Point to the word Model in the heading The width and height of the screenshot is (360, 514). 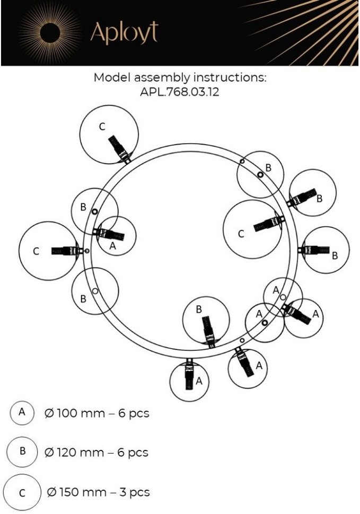(110, 77)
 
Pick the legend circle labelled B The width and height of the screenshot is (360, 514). (22, 452)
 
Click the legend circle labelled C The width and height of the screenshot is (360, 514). (22, 492)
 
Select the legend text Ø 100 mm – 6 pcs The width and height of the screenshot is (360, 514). (97, 413)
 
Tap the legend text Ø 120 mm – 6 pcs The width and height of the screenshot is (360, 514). (96, 453)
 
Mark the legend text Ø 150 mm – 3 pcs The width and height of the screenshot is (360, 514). (98, 492)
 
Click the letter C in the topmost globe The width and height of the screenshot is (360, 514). (102, 126)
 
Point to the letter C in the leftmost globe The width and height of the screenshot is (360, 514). (36, 252)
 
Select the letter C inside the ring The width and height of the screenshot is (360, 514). (241, 234)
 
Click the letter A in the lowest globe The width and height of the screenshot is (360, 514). (199, 380)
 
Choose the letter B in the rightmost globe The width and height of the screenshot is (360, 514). (335, 255)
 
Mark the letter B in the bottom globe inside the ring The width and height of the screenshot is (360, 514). (199, 309)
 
